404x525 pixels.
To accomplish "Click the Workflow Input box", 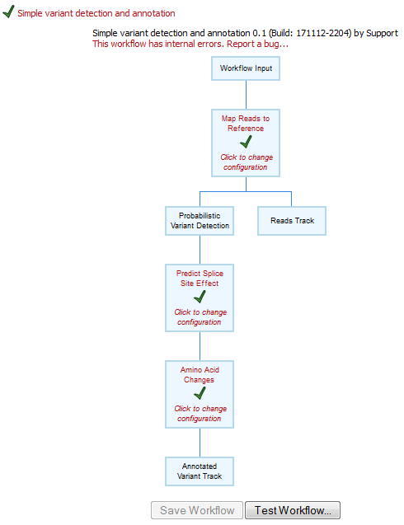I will point(246,68).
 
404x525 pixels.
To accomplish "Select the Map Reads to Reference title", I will point(246,123).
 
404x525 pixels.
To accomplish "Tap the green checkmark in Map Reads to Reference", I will point(246,142).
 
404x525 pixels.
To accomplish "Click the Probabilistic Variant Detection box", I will point(199,220).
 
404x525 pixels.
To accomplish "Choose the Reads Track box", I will point(292,220).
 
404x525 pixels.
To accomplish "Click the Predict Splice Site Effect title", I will point(199,278).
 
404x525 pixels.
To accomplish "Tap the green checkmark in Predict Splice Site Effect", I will point(199,297).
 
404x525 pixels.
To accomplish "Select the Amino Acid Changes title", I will point(199,375).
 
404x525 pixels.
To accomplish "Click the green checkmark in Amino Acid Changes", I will point(199,393).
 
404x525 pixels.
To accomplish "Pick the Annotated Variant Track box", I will point(199,471).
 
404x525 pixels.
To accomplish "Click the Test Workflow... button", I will point(292,510).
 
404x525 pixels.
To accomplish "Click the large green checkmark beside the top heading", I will point(8,13).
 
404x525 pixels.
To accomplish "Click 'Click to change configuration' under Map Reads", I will point(246,162).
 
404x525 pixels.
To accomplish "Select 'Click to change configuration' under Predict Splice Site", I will point(199,316).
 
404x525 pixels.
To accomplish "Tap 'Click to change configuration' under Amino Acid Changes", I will point(199,413).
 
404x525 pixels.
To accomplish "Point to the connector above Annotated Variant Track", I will point(199,443).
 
